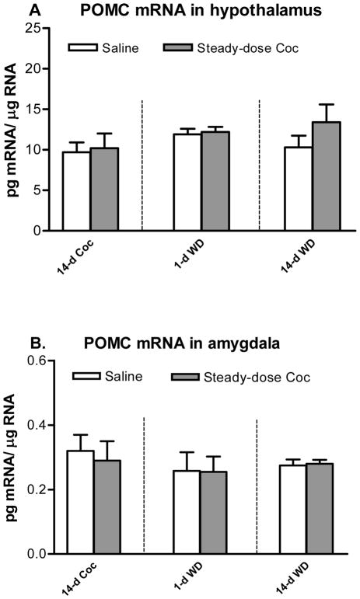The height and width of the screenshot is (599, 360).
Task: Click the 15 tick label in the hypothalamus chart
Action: click(x=34, y=110)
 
